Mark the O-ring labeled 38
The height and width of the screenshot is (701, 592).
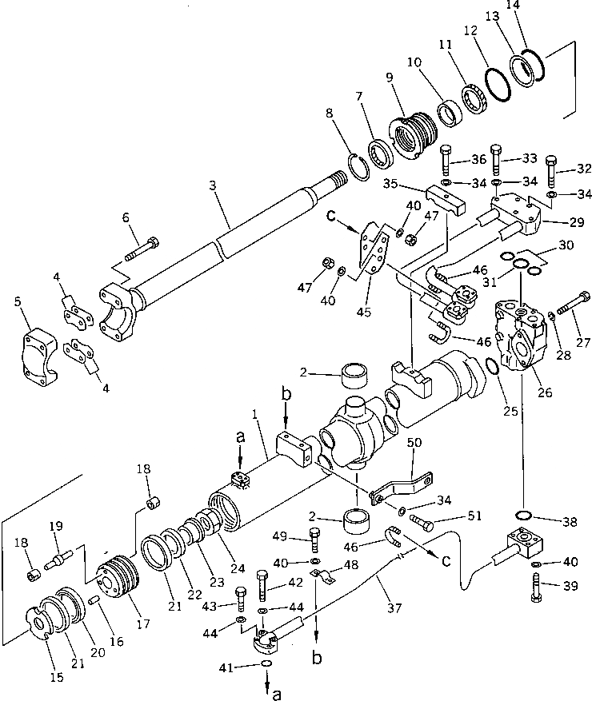click(x=525, y=515)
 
